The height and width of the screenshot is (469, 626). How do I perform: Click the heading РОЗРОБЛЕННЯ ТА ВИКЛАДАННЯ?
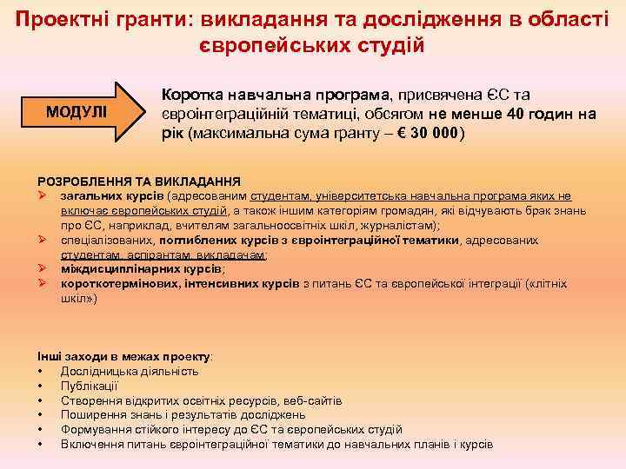coord(138,181)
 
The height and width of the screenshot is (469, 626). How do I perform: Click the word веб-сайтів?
coord(313,400)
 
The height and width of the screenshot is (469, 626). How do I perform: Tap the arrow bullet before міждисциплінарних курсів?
coord(42,269)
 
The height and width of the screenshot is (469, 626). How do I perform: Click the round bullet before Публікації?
coord(41,386)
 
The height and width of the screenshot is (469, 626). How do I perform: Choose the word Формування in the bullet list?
coord(95,429)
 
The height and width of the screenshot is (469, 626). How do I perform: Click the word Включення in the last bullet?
coord(92,444)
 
